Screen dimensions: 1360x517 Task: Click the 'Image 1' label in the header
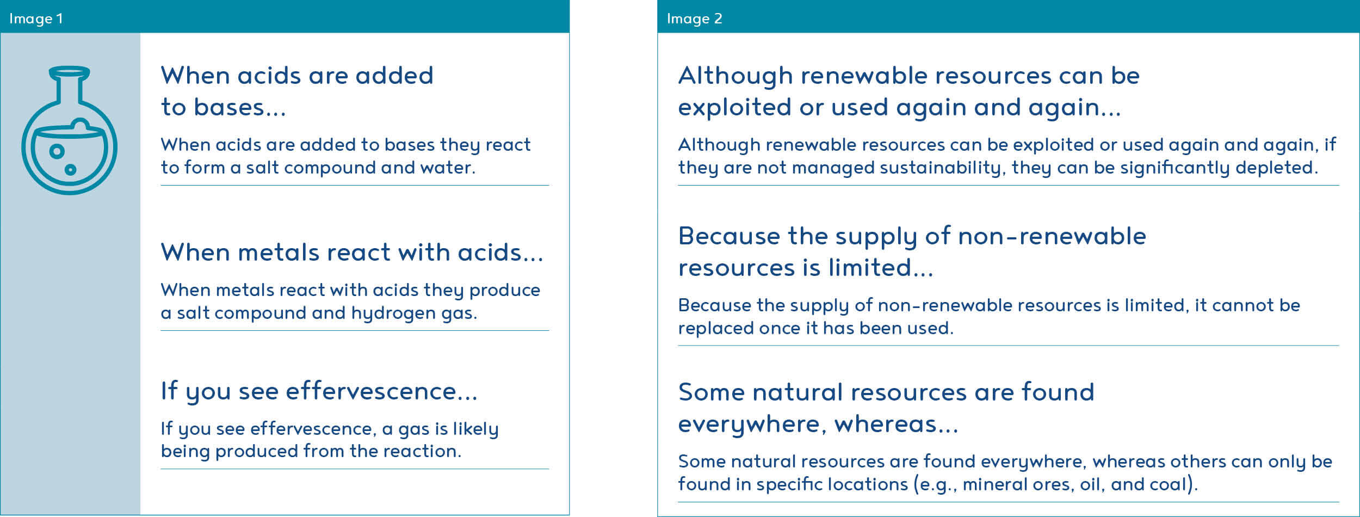[36, 19]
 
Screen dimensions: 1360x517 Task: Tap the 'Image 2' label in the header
[695, 19]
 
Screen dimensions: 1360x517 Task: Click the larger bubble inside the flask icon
[57, 151]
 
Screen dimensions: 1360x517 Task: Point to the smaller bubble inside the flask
[70, 170]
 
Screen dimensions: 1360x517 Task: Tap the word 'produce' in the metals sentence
[504, 291]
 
